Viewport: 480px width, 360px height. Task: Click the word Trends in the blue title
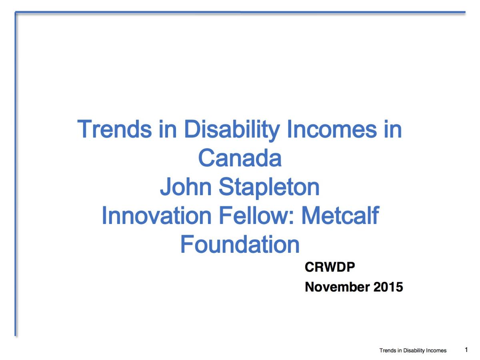click(114, 129)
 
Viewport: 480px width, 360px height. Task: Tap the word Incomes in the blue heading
click(332, 129)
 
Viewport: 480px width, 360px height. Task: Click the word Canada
click(240, 158)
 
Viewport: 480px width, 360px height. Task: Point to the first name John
click(186, 186)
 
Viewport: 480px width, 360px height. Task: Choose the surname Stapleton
click(269, 188)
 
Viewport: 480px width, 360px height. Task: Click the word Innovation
click(156, 215)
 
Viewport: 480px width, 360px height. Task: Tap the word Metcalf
click(340, 215)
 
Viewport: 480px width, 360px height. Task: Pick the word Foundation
click(240, 244)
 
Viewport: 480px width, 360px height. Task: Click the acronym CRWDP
click(330, 267)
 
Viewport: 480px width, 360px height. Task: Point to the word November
click(338, 287)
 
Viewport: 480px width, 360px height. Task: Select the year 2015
click(388, 287)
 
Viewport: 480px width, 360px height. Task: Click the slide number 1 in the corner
click(466, 350)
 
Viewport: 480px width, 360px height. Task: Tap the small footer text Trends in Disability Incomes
click(413, 350)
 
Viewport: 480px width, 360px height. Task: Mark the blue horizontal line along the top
click(240, 12)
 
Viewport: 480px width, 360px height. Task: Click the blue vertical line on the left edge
click(16, 174)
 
